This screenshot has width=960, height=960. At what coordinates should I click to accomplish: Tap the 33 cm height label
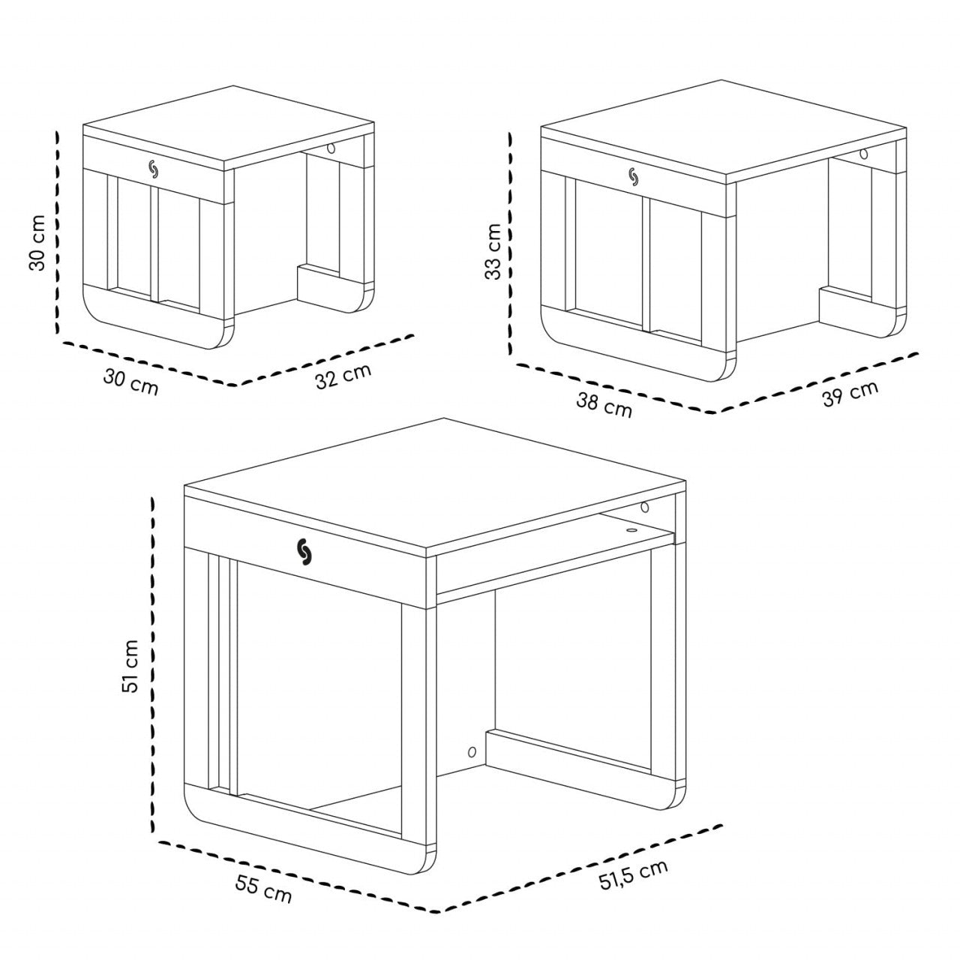pos(493,251)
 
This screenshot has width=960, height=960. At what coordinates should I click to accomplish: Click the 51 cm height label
pos(131,666)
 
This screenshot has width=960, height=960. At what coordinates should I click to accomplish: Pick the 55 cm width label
pos(263,888)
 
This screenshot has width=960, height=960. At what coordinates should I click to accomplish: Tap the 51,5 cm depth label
pos(633,874)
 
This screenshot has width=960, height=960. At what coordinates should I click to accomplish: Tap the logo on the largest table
pos(305,552)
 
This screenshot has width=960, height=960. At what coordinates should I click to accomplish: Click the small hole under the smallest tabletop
pos(330,149)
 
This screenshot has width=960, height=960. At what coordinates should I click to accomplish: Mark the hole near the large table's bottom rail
pos(472,751)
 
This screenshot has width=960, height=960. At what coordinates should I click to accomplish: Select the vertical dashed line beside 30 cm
pos(57,232)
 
